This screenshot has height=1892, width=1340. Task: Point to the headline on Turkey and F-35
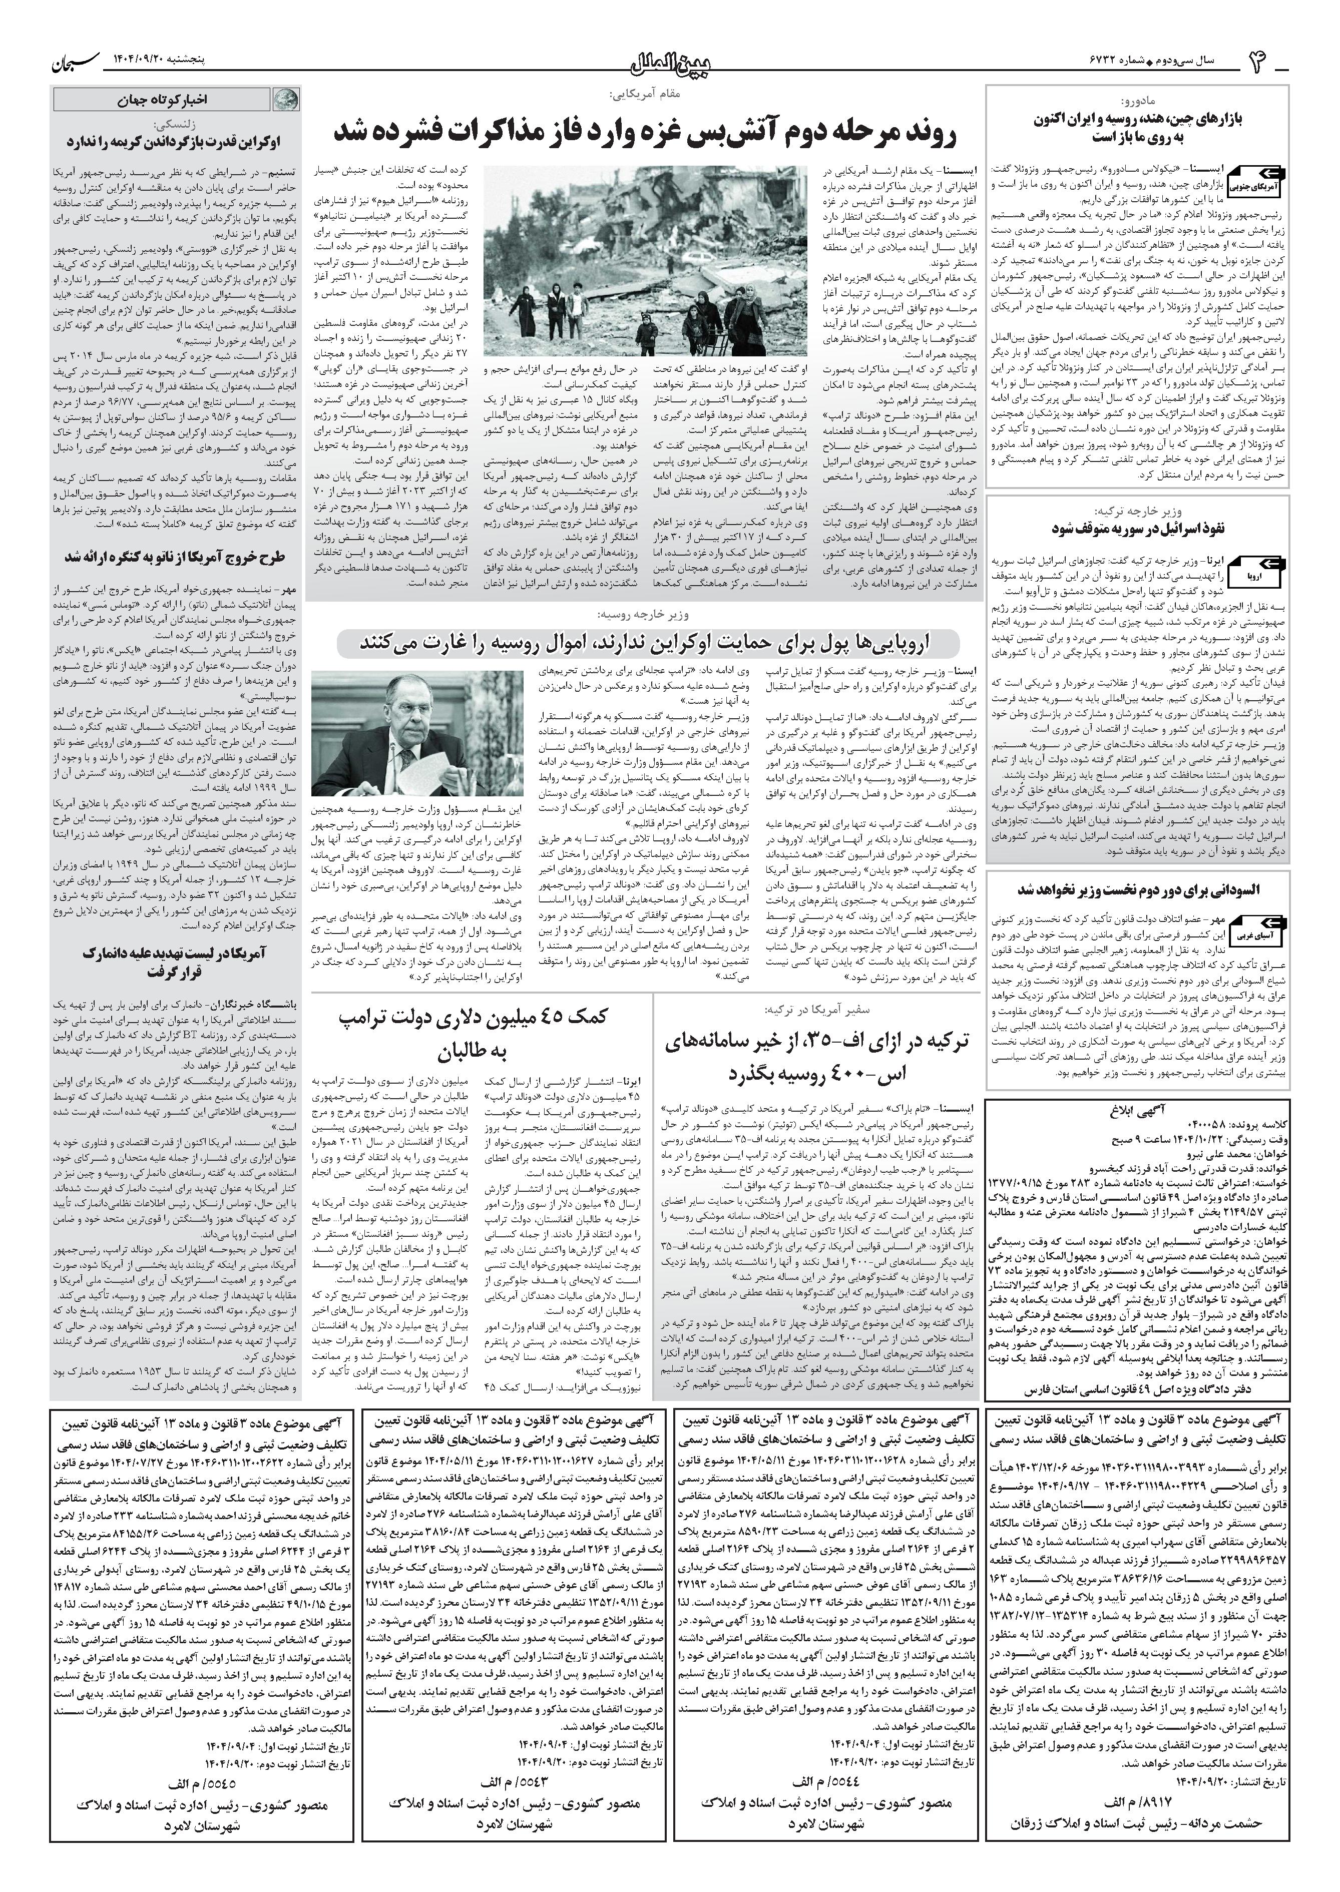click(817, 1057)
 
